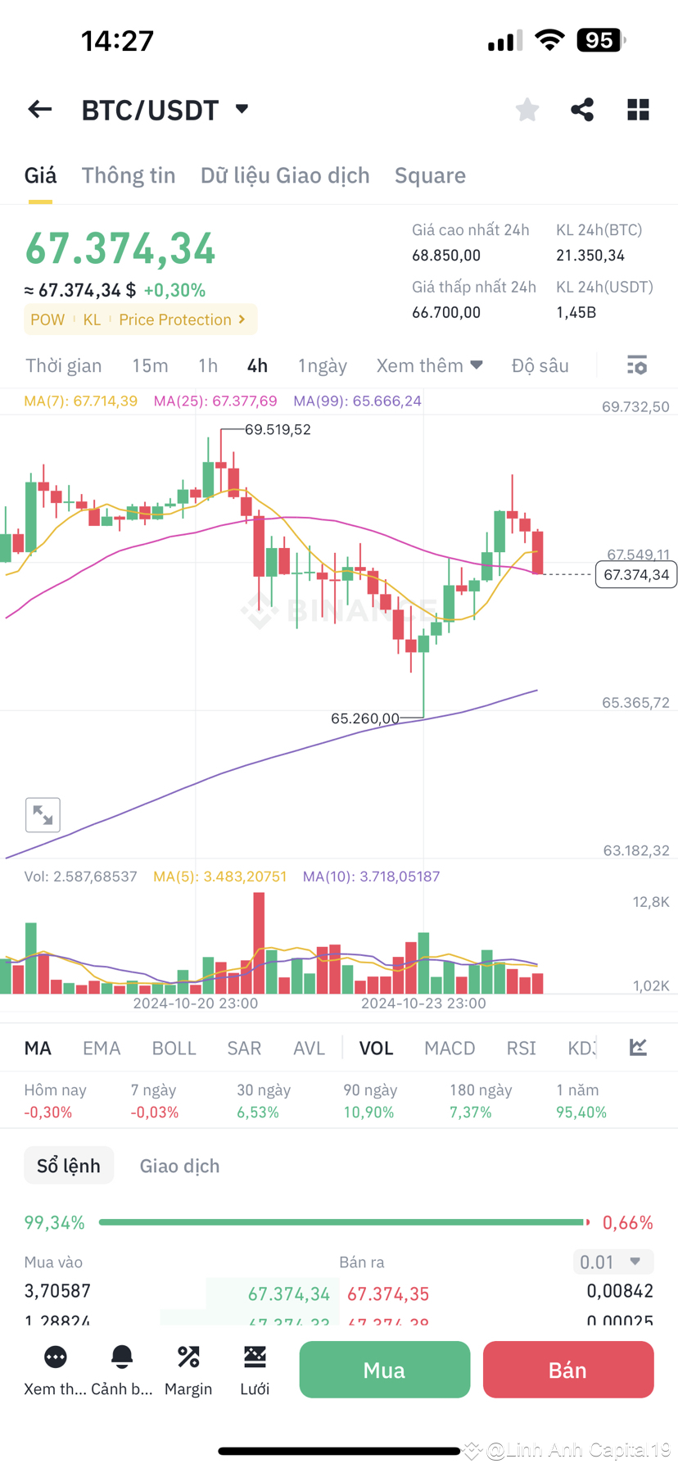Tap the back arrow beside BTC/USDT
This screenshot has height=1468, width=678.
(x=39, y=110)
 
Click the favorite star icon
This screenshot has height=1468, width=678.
(x=527, y=110)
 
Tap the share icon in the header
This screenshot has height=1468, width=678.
(x=582, y=110)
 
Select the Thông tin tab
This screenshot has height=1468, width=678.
(x=129, y=175)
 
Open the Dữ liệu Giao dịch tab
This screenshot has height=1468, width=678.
(x=285, y=175)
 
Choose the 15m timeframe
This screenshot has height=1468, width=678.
(x=150, y=365)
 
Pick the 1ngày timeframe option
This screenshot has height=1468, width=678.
(x=323, y=365)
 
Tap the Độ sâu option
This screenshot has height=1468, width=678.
(x=540, y=365)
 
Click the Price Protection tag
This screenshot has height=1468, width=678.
(x=182, y=319)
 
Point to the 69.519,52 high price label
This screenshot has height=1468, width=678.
(x=278, y=429)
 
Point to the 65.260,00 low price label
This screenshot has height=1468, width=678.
(x=364, y=718)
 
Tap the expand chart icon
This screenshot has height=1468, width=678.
(x=43, y=815)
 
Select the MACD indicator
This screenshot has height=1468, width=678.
(x=450, y=1049)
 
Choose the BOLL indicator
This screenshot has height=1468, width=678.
(x=174, y=1049)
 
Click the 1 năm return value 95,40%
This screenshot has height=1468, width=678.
(x=581, y=1112)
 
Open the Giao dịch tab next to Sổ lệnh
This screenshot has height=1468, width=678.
(x=179, y=1166)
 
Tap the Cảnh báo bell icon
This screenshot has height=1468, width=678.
(x=122, y=1357)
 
